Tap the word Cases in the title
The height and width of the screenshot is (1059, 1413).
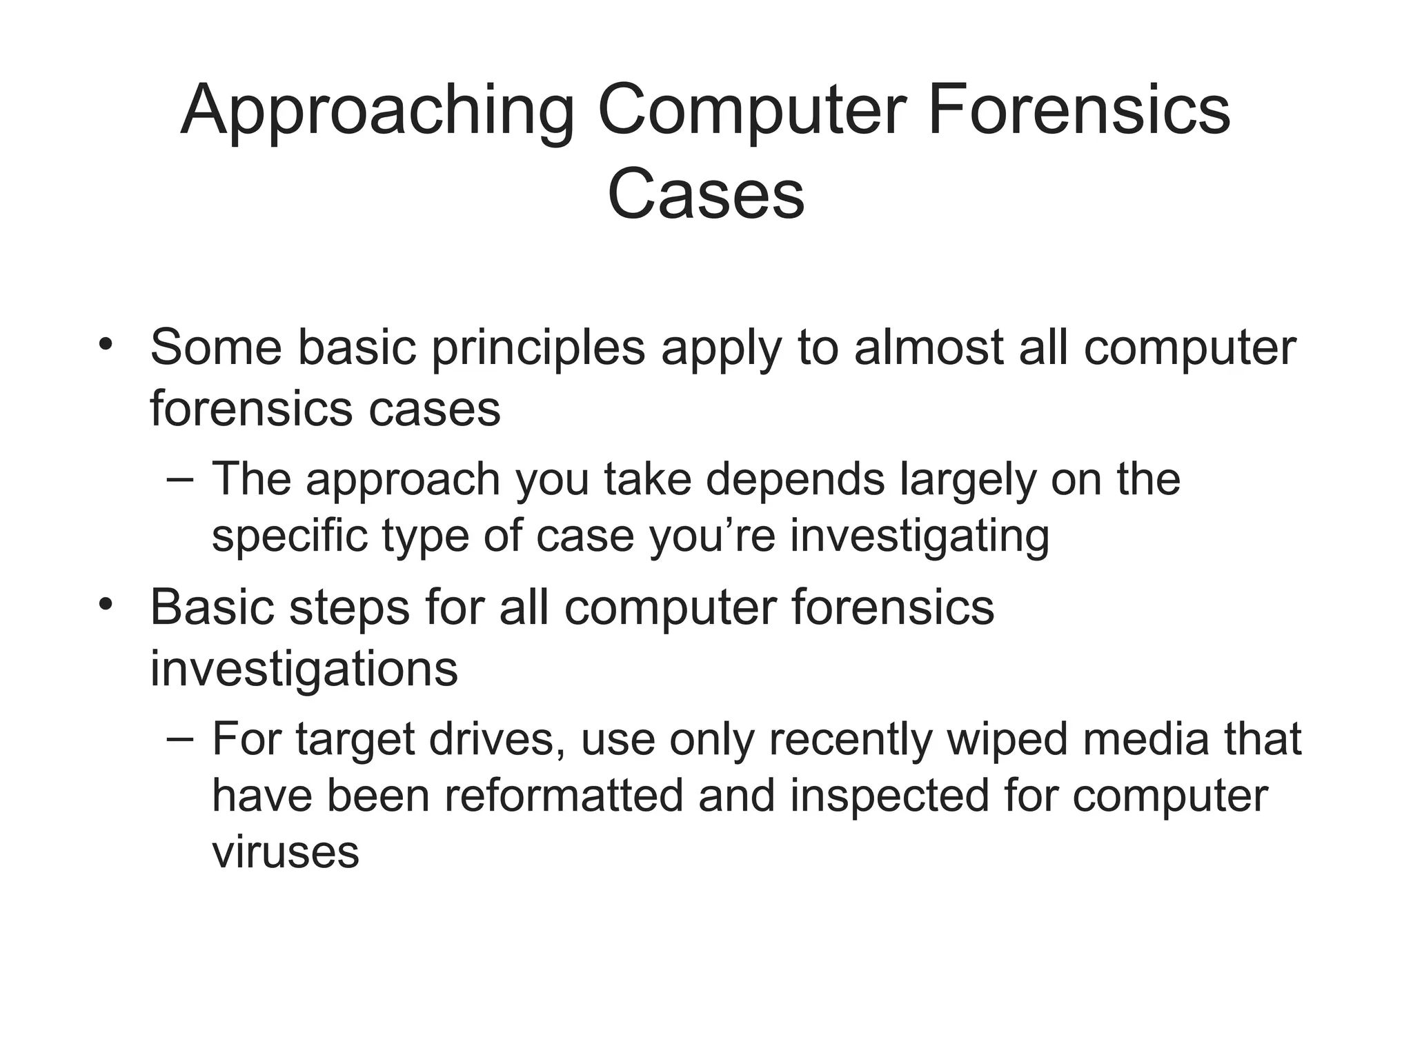(x=706, y=194)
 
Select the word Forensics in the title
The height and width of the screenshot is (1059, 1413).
(x=1078, y=110)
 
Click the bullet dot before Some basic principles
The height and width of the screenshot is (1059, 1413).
(x=105, y=343)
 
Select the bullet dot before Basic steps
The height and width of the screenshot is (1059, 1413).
(x=105, y=604)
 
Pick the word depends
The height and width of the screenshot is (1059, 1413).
(x=795, y=481)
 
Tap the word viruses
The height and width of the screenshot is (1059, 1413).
(x=285, y=852)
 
